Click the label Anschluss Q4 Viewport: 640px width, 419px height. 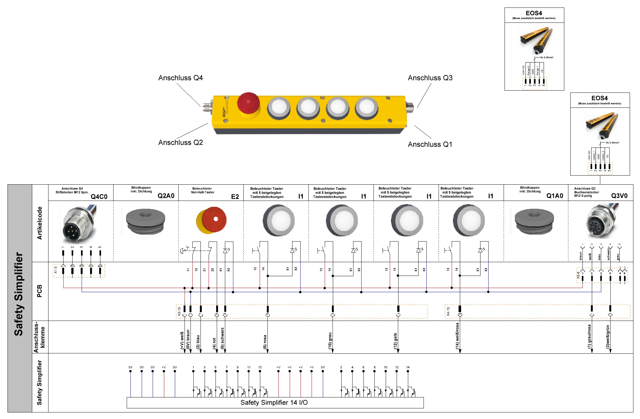(180, 78)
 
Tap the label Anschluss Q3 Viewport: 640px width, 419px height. (430, 78)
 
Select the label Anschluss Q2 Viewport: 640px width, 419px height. (180, 142)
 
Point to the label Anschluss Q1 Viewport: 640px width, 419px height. (430, 144)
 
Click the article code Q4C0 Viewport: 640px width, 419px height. (99, 197)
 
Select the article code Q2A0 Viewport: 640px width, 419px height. (166, 196)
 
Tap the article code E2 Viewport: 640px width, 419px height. (235, 197)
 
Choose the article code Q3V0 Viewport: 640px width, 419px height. (619, 196)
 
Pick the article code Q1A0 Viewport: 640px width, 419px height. (555, 196)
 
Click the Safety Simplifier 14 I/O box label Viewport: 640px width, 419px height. (274, 402)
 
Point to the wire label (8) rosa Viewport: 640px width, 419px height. (265, 342)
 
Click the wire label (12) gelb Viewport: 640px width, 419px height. (395, 341)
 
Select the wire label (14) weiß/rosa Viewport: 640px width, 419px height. (457, 336)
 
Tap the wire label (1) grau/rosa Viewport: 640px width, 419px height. (589, 337)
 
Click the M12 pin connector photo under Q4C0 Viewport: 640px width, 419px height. (79, 224)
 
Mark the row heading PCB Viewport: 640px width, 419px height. (39, 291)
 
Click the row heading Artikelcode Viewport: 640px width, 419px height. (39, 223)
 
